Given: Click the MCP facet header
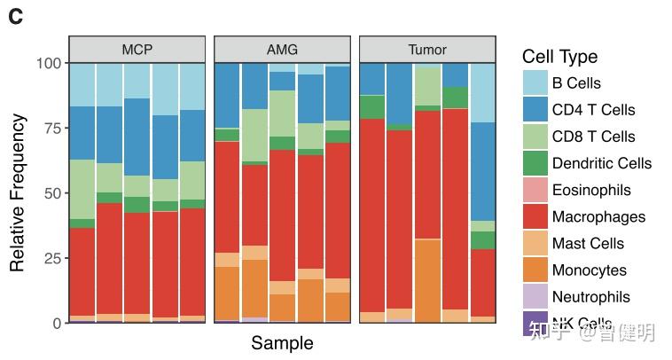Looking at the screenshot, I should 137,50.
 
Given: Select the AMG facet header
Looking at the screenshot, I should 282,50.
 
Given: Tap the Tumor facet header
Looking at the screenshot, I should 427,50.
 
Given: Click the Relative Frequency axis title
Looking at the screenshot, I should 17,193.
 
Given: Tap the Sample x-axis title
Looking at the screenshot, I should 282,343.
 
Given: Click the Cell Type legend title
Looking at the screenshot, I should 559,57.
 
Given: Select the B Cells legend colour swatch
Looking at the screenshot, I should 535,83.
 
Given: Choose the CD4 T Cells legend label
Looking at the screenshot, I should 593,110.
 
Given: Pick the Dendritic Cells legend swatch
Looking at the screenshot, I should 535,163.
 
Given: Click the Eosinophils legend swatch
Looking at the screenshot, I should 535,190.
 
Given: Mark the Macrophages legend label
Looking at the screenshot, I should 598,216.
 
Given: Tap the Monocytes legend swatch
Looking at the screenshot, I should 535,270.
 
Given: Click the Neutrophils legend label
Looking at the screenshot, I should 590,296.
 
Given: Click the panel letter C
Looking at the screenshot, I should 15,17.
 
